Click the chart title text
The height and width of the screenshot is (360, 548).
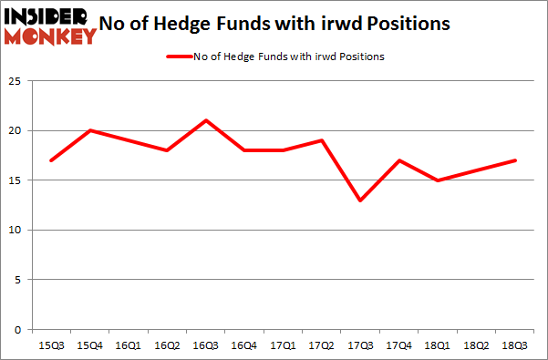285,25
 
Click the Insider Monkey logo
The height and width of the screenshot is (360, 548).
50,26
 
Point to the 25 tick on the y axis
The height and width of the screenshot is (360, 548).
16,81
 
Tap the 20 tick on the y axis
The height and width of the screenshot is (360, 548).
16,131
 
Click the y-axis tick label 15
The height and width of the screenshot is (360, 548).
16,180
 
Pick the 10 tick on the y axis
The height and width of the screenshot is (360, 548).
16,231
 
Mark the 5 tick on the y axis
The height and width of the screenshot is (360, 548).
18,280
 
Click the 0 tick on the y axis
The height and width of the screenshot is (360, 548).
18,330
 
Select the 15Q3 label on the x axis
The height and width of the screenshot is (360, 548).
52,346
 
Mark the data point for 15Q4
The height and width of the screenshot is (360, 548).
90,130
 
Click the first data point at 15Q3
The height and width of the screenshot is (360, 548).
52,160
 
